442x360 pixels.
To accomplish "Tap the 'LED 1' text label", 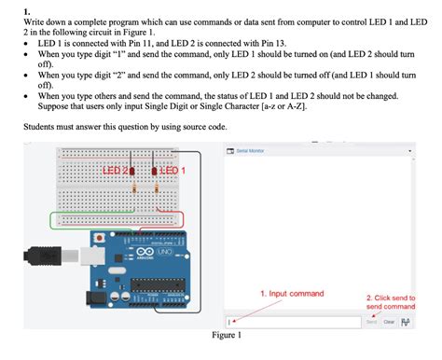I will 173,171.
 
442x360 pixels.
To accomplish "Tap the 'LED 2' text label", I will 115,171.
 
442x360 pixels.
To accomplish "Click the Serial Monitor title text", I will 249,150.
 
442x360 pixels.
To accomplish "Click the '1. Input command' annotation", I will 291,293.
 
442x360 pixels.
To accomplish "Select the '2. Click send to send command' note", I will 390,301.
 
